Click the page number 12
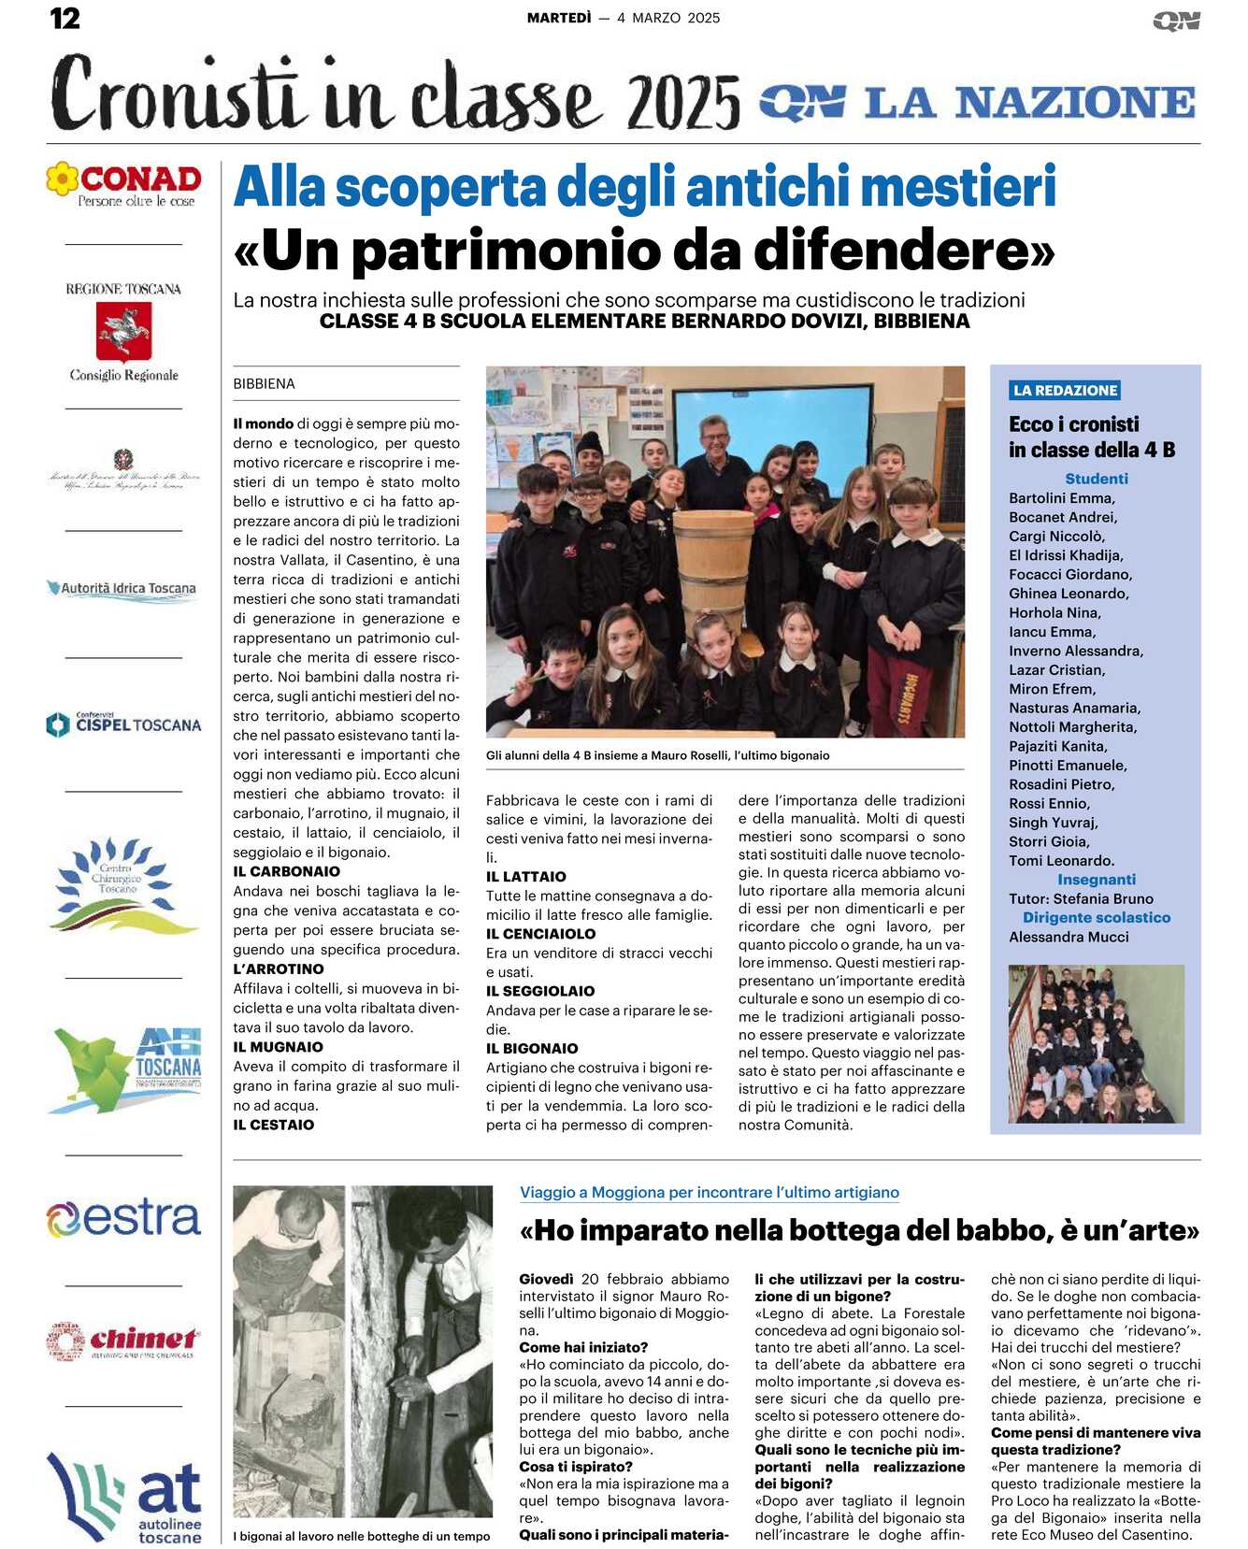[65, 18]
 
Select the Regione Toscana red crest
[123, 332]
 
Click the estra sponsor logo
[123, 1218]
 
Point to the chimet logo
[123, 1341]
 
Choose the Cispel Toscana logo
[123, 724]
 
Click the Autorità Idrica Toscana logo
[123, 589]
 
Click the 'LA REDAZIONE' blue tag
[1065, 391]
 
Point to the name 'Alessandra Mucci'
[1069, 937]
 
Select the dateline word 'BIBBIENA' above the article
[264, 383]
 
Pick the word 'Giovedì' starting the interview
[546, 1279]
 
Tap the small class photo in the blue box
[1096, 1043]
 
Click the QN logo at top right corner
[1176, 21]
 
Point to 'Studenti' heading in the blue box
[1096, 479]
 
